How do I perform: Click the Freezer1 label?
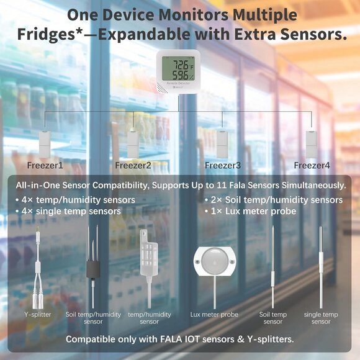(45, 166)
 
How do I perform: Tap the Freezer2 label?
(133, 166)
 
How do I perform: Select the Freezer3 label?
(223, 166)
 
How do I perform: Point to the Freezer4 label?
(312, 166)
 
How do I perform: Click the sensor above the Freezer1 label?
(45, 144)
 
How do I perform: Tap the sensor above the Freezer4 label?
(312, 144)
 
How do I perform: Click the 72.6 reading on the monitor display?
(181, 65)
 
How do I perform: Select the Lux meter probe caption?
(214, 315)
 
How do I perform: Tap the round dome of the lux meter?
(214, 261)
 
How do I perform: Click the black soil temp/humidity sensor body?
(93, 268)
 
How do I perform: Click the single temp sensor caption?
(321, 318)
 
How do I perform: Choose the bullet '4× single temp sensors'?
(68, 212)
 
